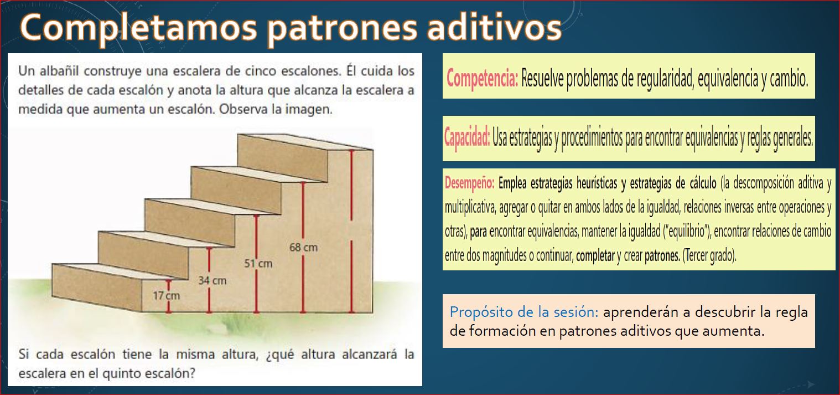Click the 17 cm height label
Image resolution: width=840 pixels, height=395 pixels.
coord(166,296)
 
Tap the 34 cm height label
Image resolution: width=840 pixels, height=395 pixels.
coord(212,280)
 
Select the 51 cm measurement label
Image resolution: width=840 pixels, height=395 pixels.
coord(258,264)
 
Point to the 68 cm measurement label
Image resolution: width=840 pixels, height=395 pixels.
coord(303,248)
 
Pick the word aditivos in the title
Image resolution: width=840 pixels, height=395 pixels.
coord(494,27)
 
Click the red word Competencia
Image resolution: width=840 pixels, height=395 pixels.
coord(482,79)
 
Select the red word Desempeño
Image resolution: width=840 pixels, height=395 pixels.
coord(469,183)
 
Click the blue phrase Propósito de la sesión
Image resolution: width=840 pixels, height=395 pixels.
coord(524,312)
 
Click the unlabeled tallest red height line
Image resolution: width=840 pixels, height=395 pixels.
coord(351,231)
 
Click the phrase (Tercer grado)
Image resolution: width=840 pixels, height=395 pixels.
coord(709,256)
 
